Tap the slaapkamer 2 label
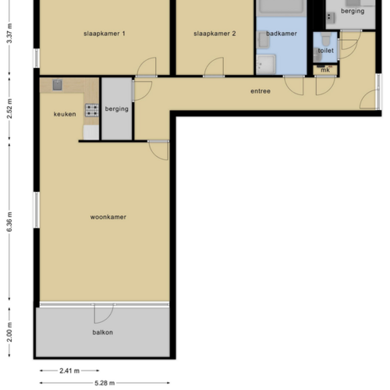[214, 34]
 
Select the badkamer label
[281, 34]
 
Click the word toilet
[324, 51]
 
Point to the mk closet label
[325, 70]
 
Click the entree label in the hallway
[261, 91]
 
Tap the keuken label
[66, 115]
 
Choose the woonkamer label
[108, 217]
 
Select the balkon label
[102, 333]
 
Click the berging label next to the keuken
[116, 109]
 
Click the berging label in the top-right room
[352, 11]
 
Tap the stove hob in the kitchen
[91, 111]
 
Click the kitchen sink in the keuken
[57, 84]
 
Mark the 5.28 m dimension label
[104, 383]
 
